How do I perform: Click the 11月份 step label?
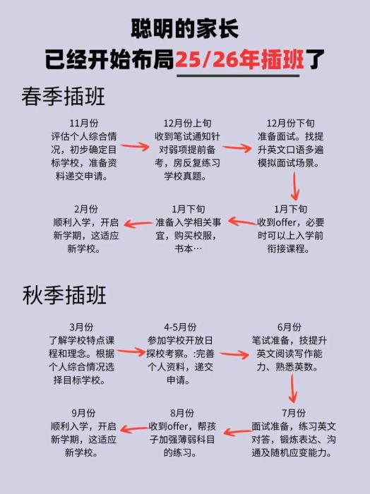point(84,123)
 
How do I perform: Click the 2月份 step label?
point(85,209)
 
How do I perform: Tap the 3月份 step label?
point(81,327)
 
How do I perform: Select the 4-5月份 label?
point(180,327)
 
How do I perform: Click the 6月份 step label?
point(289,327)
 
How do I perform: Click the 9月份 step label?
point(83,413)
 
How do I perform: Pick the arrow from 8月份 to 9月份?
point(133,428)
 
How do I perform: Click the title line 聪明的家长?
point(185,29)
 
